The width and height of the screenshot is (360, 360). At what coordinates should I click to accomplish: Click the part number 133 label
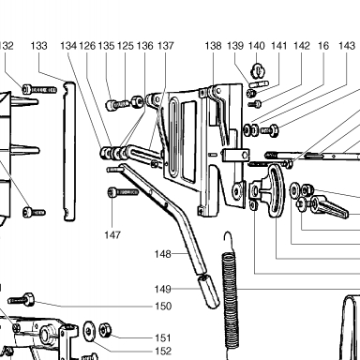click(x=39, y=46)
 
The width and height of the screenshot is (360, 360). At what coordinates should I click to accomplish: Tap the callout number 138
click(x=213, y=46)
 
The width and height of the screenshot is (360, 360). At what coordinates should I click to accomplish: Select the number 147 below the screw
click(x=112, y=234)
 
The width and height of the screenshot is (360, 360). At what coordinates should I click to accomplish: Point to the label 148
click(x=163, y=254)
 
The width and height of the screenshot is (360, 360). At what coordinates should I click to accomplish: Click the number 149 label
click(x=163, y=289)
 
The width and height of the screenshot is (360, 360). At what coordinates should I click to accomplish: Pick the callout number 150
click(x=163, y=306)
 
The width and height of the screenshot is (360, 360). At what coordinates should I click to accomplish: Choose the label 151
click(x=163, y=337)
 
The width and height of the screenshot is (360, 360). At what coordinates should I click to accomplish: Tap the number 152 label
click(x=163, y=352)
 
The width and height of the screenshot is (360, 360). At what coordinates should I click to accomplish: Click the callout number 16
click(x=323, y=46)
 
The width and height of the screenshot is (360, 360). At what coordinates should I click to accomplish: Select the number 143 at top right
click(x=347, y=46)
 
